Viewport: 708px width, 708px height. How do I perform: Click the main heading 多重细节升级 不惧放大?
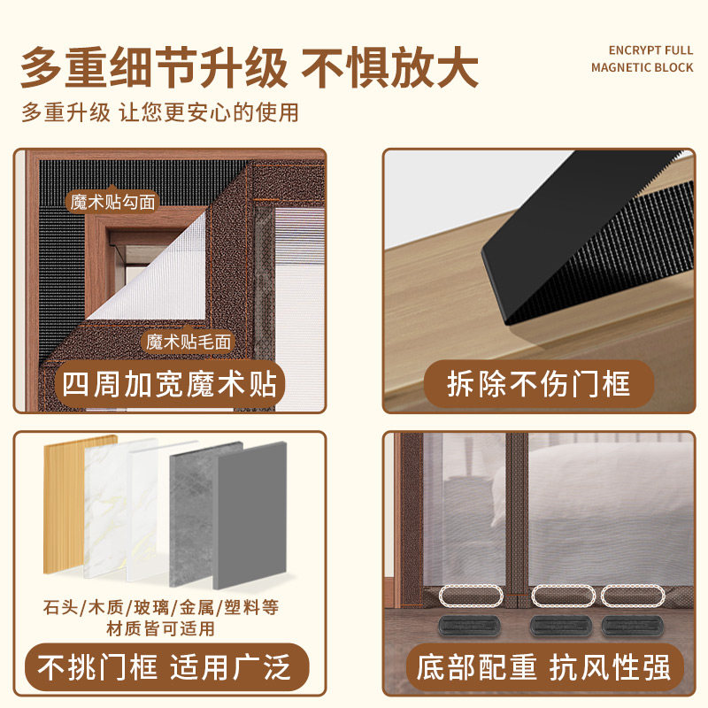pos(250,67)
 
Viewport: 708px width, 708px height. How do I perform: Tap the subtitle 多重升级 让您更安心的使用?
pos(160,112)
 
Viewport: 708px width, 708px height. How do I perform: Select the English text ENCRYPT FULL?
pos(650,50)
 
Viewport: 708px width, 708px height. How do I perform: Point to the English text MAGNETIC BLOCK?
pos(643,68)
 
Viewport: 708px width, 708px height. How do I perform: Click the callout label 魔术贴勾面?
pos(113,202)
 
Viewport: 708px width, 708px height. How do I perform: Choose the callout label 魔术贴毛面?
pos(189,342)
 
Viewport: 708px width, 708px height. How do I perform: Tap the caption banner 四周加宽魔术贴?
pos(169,384)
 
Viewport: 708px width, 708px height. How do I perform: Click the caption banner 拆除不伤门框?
pos(539,384)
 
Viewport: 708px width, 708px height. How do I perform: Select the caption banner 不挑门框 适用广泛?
pos(166,667)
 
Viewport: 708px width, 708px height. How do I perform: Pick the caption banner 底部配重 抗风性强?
pos(544,667)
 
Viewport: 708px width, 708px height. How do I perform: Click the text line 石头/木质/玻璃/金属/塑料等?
pos(161,607)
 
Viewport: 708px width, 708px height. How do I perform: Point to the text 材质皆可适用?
pos(161,628)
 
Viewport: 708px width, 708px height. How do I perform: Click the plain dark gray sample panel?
pos(250,515)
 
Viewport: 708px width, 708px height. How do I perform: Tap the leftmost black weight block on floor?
pos(469,626)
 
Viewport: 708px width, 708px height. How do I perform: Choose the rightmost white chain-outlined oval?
pos(633,596)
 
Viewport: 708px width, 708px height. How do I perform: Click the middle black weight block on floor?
pos(561,626)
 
